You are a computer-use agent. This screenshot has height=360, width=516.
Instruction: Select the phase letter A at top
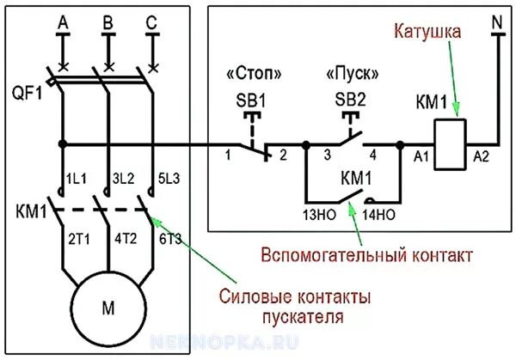tap(62, 22)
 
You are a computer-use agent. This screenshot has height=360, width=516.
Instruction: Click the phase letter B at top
tap(107, 22)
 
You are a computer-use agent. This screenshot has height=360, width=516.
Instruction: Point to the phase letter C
tap(152, 22)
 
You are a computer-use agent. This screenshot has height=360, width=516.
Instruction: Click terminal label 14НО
tap(379, 214)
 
